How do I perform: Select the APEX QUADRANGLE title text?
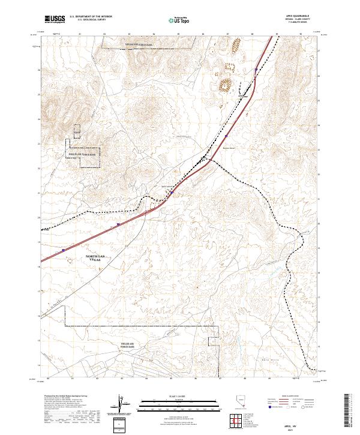(293, 17)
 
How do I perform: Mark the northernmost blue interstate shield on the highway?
(256, 70)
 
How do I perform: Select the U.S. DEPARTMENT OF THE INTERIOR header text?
(90, 17)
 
